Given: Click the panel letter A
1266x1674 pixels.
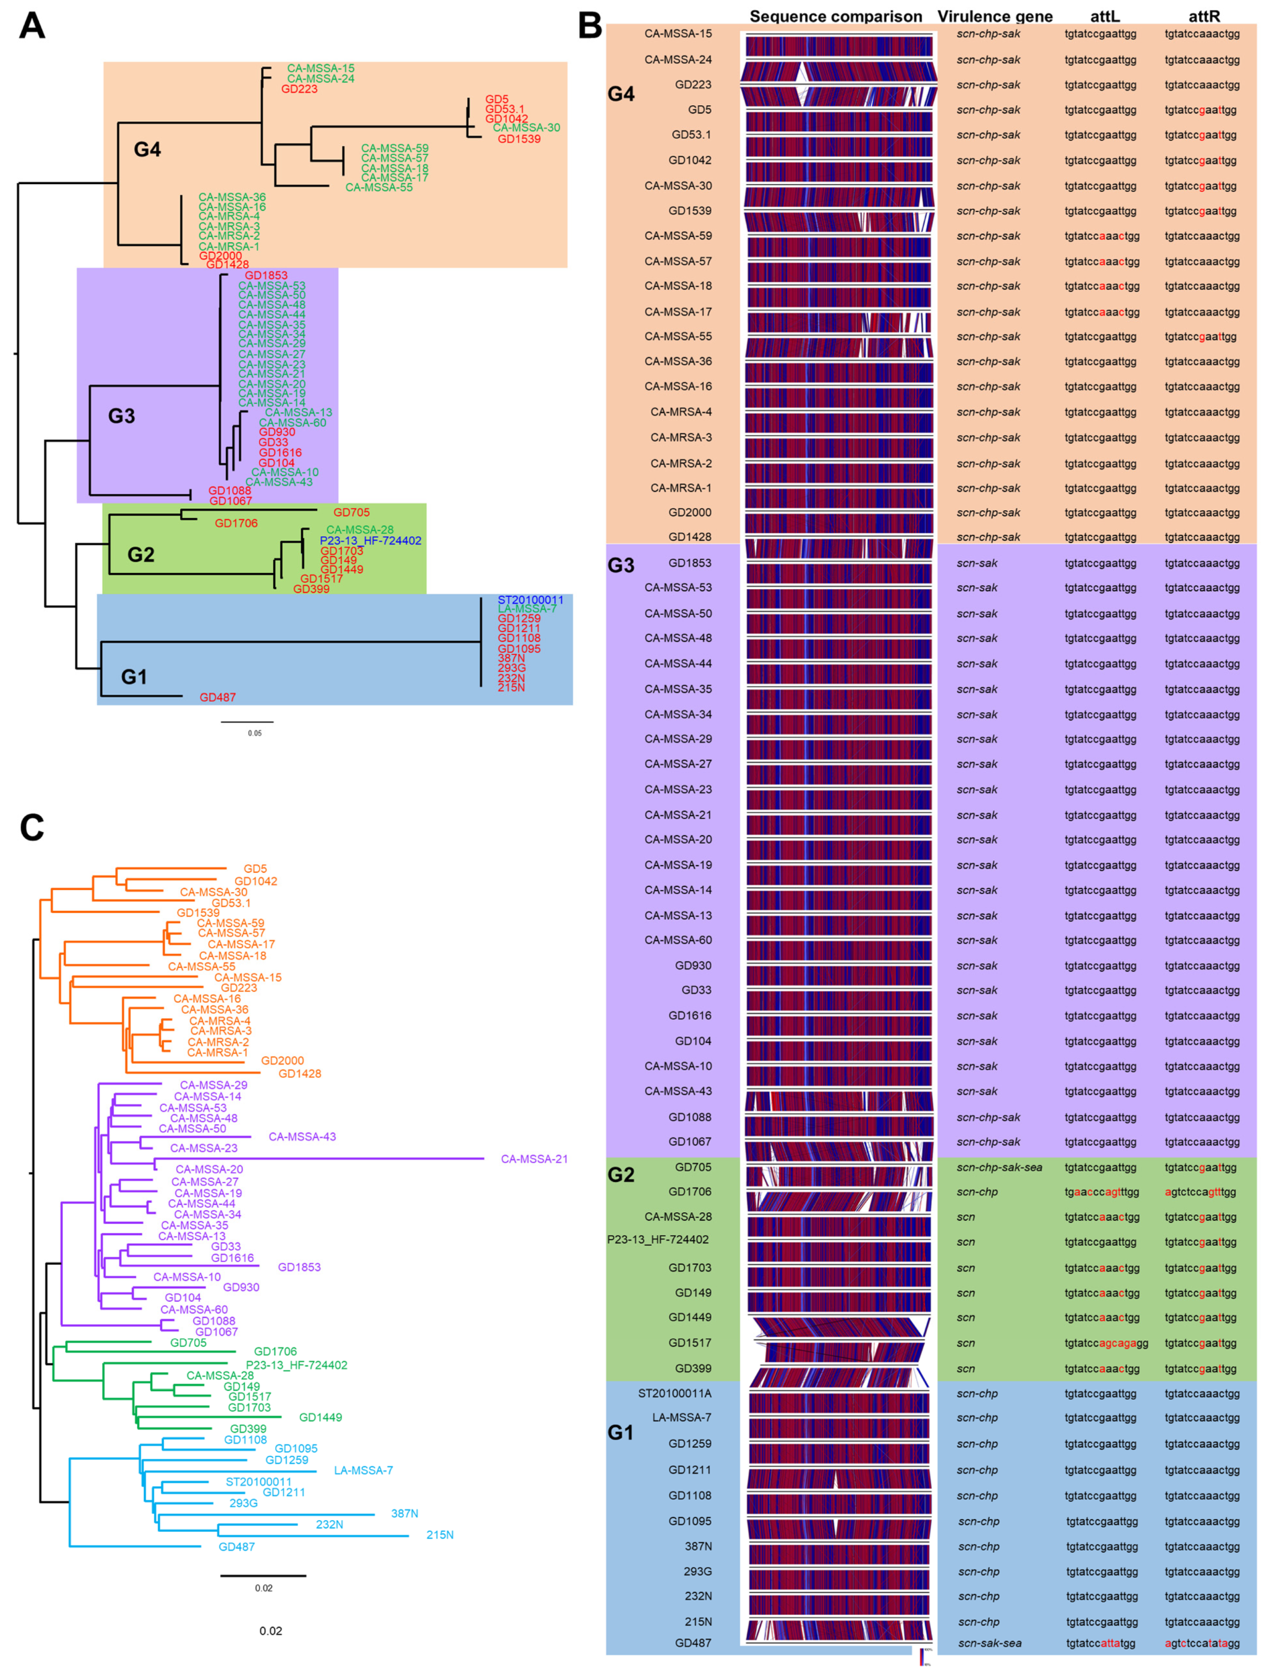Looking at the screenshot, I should coord(32,26).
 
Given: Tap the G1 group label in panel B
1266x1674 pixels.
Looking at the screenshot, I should coord(621,1433).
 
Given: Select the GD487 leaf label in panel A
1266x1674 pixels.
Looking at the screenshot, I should coord(217,697).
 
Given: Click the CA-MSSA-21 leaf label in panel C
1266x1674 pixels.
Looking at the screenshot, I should coord(534,1159).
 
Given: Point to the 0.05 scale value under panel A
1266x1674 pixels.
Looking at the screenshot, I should coord(255,733).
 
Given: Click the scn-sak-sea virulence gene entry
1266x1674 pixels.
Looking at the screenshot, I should coord(989,1643).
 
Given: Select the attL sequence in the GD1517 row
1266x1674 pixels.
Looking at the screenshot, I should coord(1106,1343).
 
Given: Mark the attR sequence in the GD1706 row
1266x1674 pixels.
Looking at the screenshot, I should coord(1202,1192).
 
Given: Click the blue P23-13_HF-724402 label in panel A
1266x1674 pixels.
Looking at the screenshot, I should coord(370,540).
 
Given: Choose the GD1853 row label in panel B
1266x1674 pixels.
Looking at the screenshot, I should coord(689,563).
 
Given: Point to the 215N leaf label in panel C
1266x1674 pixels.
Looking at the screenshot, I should coord(440,1535).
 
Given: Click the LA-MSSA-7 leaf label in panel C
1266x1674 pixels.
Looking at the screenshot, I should coord(363,1470).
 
